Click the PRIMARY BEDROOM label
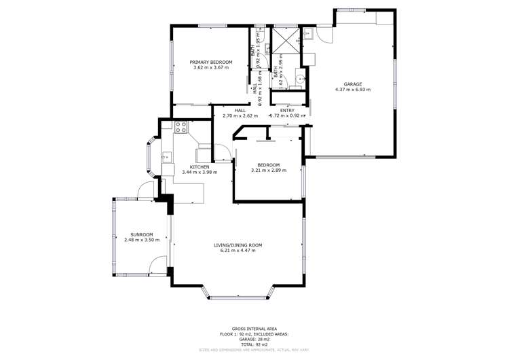point(211,62)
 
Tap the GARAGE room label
point(352,84)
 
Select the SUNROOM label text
point(142,234)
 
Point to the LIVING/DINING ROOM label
point(241,245)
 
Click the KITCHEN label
point(199,166)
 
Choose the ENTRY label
point(287,110)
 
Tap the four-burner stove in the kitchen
point(181,127)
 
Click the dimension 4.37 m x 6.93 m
point(352,90)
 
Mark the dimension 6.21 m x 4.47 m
point(241,251)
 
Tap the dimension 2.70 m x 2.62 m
point(240,115)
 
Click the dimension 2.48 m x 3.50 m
point(142,240)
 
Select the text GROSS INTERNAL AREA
point(254,327)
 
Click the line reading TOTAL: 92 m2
point(254,344)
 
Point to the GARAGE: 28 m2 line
point(254,339)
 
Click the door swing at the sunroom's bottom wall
point(157,264)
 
